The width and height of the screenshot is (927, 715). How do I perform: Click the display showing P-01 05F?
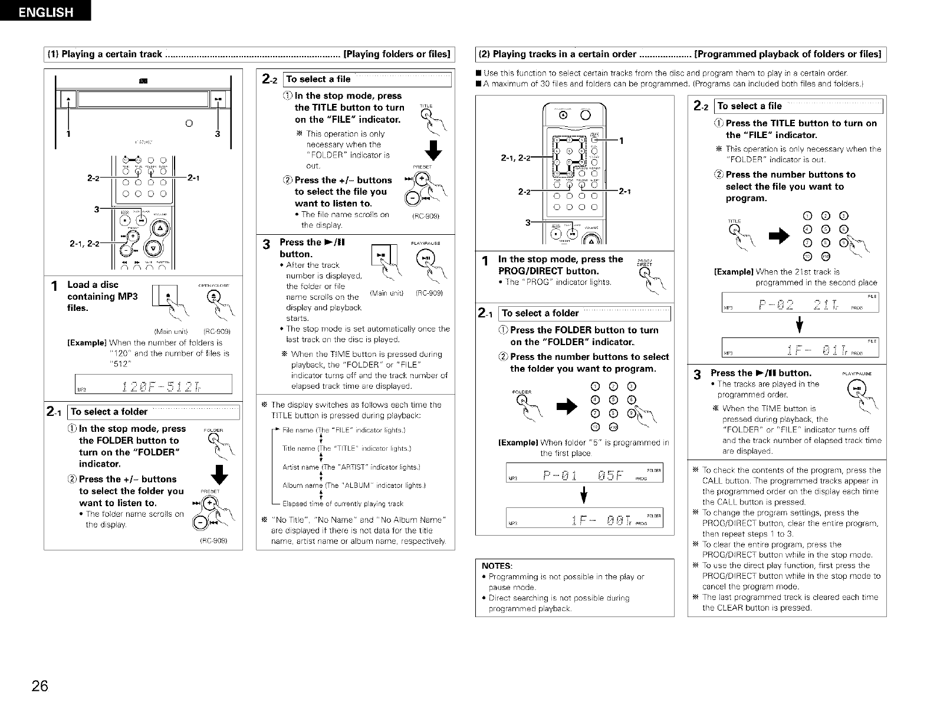coord(584,474)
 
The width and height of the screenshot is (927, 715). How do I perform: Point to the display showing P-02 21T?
coord(800,304)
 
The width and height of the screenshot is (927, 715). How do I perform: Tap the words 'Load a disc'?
coord(93,284)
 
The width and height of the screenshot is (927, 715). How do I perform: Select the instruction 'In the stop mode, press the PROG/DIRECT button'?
coord(560,265)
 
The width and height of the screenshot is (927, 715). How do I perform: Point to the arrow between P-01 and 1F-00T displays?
coord(583,496)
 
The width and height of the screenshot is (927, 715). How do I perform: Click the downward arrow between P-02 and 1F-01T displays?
coord(800,325)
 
